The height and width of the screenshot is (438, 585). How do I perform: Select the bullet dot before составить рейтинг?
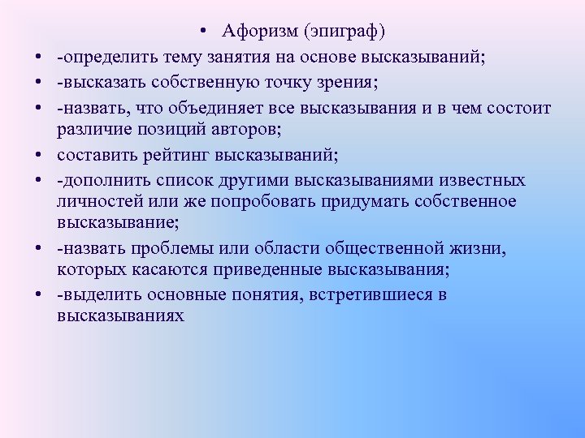pos(37,154)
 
